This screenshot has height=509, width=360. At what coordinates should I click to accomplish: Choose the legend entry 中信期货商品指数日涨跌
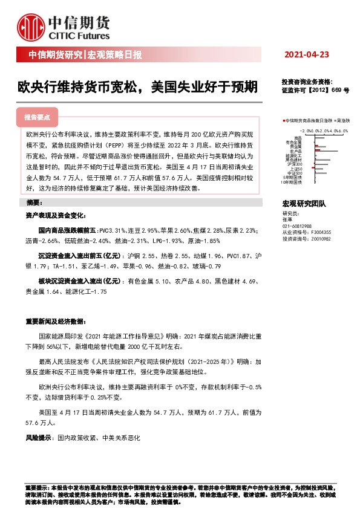pyautogui.click(x=306, y=121)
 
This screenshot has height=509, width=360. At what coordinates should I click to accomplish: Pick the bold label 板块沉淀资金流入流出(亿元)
pyautogui.click(x=79, y=281)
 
